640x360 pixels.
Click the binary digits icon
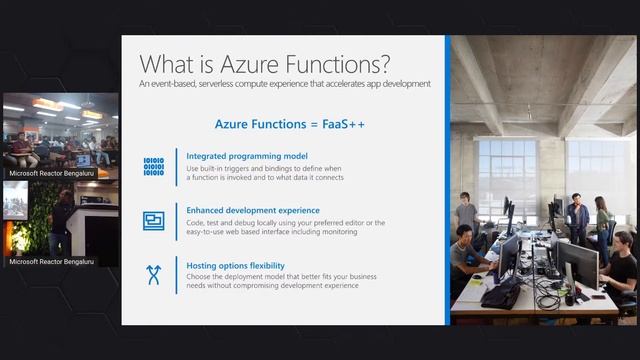point(153,166)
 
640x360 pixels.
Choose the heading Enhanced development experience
point(253,211)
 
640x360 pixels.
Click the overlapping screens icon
point(153,221)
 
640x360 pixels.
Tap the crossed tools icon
point(153,275)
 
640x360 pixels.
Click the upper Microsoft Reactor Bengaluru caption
point(52,173)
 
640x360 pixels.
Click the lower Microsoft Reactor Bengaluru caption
point(52,262)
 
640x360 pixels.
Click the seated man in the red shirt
point(20,150)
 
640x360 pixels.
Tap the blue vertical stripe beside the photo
point(447,180)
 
